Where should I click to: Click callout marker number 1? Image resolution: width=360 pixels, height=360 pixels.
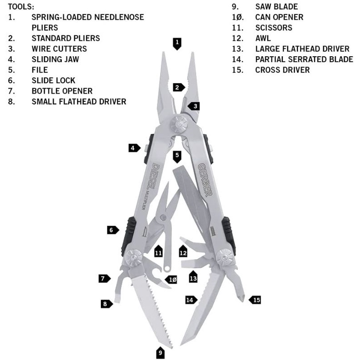[x=177, y=44]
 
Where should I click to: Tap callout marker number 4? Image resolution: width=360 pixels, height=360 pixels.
[x=134, y=148]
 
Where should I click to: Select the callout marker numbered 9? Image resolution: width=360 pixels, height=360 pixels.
[x=160, y=353]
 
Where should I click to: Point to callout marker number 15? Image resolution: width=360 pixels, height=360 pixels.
[x=255, y=300]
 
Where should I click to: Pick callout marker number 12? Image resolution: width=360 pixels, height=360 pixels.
[x=183, y=252]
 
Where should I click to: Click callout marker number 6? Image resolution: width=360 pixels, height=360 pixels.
[x=112, y=230]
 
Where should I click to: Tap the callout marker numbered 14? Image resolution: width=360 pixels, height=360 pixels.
[x=190, y=300]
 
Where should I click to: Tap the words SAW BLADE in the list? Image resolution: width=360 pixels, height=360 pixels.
[x=276, y=7]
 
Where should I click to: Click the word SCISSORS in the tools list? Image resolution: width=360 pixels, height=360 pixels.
[x=274, y=28]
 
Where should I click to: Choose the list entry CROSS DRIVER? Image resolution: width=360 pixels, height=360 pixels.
[x=282, y=70]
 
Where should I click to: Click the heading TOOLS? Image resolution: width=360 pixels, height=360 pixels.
[x=21, y=7]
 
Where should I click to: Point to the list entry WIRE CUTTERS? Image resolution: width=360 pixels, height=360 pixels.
[x=59, y=49]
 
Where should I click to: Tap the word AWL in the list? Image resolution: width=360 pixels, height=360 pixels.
[x=263, y=39]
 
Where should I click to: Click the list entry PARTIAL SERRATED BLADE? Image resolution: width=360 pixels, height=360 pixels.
[x=304, y=59]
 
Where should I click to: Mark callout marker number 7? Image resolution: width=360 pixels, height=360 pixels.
[x=104, y=279]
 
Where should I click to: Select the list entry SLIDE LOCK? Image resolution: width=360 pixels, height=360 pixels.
[x=53, y=80]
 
